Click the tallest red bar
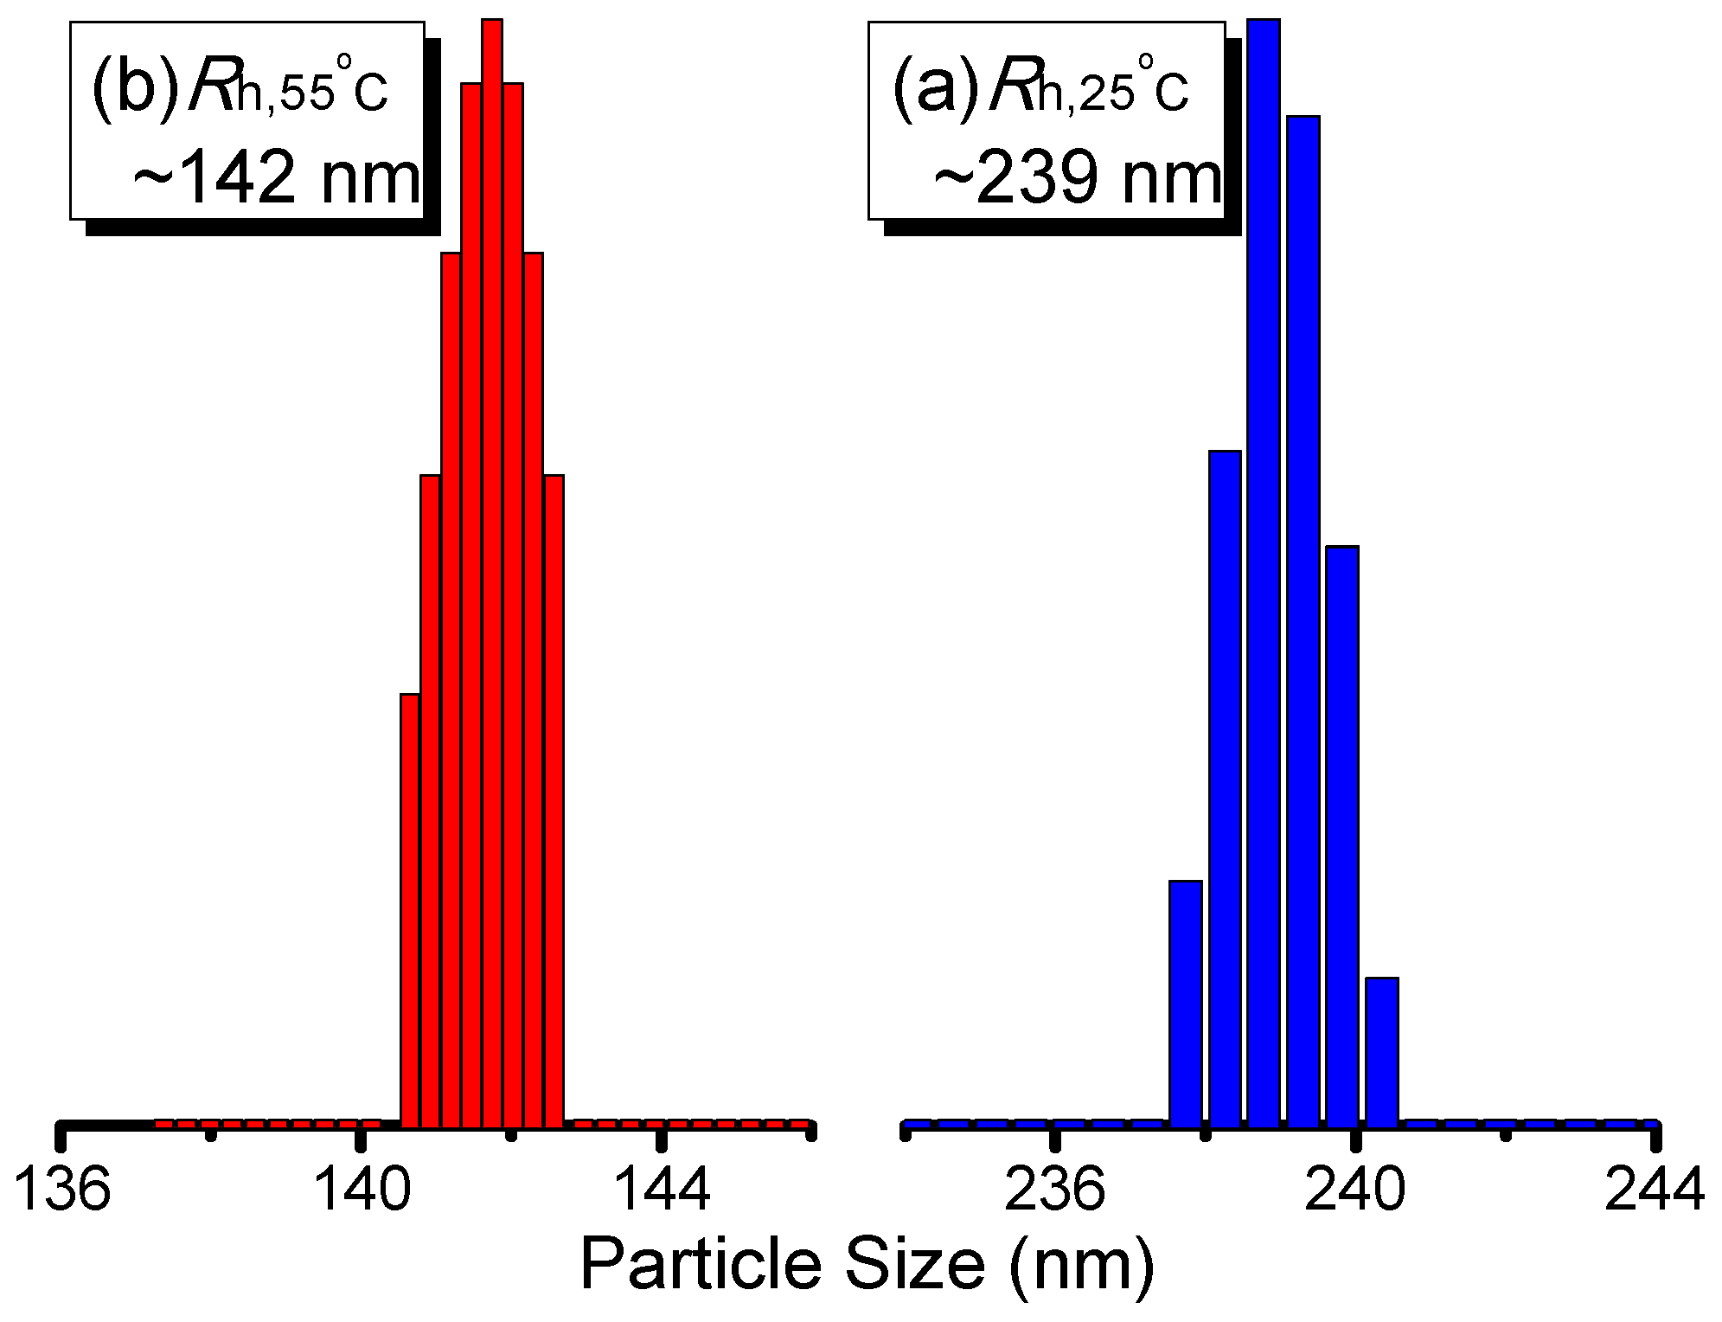492,571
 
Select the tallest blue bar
1263,571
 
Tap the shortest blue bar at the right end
1381,1051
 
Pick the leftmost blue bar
1185,1004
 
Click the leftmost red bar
410,908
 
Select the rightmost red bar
554,800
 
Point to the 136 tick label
63,1190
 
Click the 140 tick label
363,1190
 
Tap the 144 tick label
662,1190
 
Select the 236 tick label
1054,1190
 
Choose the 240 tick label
1354,1190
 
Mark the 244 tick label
1655,1190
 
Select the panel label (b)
134,89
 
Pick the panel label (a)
935,89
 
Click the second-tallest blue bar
1303,619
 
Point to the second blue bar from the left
1225,787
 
